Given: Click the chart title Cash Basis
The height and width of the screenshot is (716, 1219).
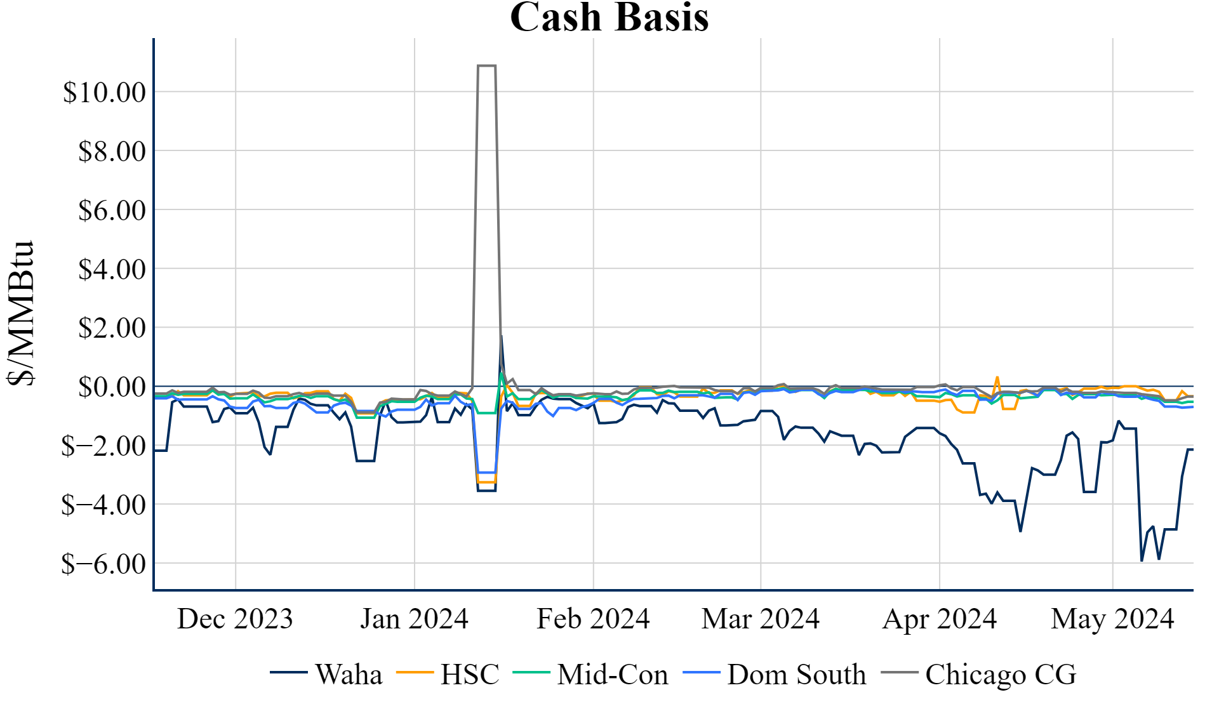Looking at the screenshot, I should click(609, 17).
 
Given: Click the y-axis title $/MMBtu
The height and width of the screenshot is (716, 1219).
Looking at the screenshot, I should click(20, 314).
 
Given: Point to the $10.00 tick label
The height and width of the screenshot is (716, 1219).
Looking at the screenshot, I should click(104, 93).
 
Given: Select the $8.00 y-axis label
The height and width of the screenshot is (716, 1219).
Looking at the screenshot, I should click(112, 152).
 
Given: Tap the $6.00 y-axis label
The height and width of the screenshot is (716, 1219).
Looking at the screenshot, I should click(112, 211).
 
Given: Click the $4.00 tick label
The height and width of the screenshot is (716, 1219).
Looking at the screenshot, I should click(112, 270).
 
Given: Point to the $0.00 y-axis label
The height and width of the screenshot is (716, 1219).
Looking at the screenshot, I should click(112, 387).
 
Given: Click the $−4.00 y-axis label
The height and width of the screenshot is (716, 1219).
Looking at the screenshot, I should click(103, 505).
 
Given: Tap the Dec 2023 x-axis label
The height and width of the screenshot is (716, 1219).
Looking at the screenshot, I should click(235, 619).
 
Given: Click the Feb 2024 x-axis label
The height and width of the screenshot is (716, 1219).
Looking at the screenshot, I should click(593, 619).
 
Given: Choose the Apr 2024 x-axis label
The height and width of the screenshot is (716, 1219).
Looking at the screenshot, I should click(940, 619).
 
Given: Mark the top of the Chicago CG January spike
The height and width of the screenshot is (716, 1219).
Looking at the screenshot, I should click(486, 65).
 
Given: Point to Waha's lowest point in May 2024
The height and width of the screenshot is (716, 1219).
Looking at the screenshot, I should click(1142, 560).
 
